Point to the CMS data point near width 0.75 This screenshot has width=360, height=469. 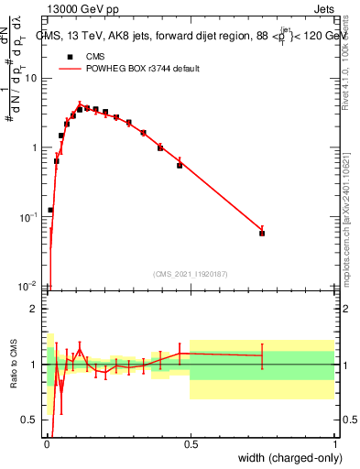tap(262, 233)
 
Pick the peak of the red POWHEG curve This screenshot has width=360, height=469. tap(80, 104)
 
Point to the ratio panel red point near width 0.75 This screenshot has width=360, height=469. tap(262, 355)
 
